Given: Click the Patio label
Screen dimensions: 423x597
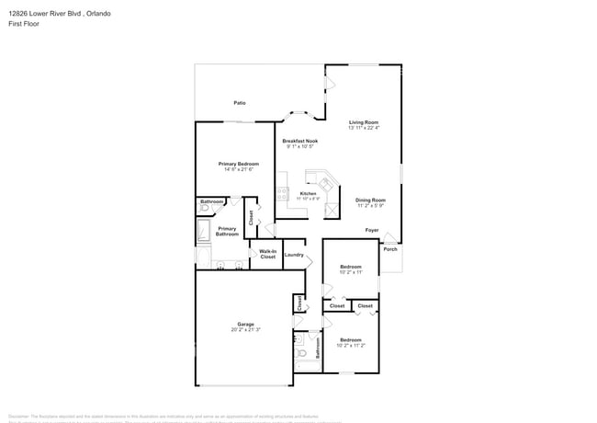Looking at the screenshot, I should tap(239, 103).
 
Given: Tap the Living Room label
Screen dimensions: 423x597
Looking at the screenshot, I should tap(364, 122).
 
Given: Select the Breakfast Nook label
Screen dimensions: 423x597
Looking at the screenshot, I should tap(299, 141).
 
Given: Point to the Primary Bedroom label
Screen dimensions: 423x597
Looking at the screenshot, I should tap(238, 164).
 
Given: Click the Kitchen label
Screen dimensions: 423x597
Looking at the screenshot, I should tap(308, 193).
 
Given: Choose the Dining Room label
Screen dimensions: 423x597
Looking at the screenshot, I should tap(370, 200).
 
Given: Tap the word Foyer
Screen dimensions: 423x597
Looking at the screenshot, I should tap(372, 230).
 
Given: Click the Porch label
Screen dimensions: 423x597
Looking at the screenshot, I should tap(390, 249).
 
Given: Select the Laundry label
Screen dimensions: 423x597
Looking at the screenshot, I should tap(294, 255).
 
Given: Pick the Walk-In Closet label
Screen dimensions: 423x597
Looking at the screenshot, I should tap(267, 254).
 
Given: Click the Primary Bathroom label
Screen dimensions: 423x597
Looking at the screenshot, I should tap(227, 232).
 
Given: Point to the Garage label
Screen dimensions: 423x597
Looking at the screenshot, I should tap(245, 324).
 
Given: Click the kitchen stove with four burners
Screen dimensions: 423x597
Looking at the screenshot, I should tap(281, 194).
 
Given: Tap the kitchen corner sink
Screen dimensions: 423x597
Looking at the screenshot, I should tap(325, 182).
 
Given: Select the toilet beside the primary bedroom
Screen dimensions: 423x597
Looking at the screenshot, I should tap(204, 209).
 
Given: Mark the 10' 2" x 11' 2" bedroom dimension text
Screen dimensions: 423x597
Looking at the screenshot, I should tap(352, 345).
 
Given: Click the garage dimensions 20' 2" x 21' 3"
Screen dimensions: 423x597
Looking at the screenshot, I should tap(245, 329).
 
